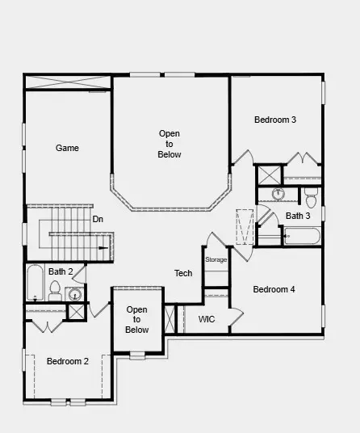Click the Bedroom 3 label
275,120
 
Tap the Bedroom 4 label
274,290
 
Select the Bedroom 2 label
67,361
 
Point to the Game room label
67,149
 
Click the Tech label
183,274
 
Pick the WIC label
207,319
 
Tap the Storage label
216,259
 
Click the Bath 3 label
298,216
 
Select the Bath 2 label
61,272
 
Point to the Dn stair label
98,219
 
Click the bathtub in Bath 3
302,237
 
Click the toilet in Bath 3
311,196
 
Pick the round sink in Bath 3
278,194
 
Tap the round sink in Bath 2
74,294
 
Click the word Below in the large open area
170,154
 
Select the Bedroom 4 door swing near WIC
236,317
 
